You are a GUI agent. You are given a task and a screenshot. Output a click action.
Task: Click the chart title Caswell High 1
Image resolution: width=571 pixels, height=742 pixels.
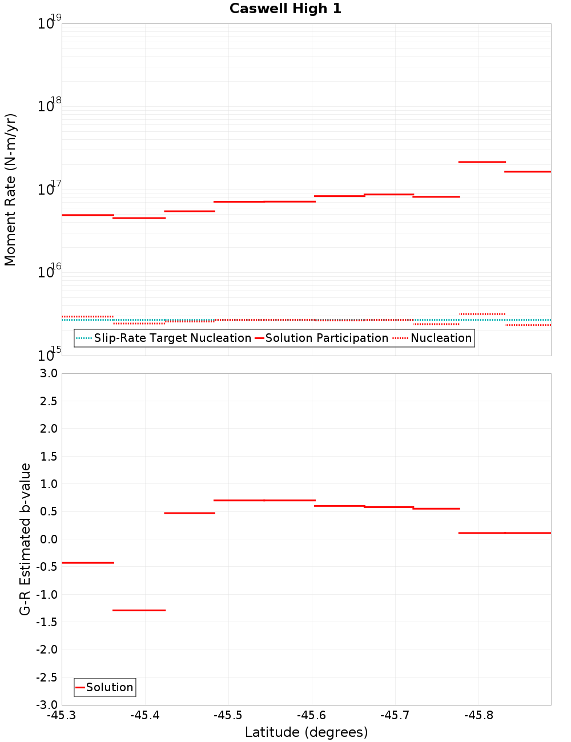285,9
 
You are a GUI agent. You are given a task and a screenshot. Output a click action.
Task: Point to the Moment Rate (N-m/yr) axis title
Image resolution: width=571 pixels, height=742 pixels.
10,189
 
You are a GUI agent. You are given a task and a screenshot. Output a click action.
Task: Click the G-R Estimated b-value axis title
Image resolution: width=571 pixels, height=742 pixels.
25,539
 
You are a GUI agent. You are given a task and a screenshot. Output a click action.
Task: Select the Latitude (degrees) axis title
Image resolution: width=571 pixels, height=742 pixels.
306,732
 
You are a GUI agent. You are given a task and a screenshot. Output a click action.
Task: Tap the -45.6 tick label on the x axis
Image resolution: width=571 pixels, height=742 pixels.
312,715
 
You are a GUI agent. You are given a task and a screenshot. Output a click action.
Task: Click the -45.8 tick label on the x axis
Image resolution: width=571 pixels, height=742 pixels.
478,715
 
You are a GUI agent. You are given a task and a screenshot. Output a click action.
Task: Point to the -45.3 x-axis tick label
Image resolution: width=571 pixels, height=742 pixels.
62,715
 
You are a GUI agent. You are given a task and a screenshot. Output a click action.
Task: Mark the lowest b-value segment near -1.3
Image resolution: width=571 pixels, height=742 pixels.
139,610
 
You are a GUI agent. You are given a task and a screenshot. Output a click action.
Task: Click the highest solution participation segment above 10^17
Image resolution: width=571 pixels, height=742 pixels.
482,162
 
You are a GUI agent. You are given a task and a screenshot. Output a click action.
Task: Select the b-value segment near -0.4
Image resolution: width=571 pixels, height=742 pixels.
88,563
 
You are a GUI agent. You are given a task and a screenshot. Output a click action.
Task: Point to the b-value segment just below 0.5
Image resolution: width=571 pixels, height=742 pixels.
190,513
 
